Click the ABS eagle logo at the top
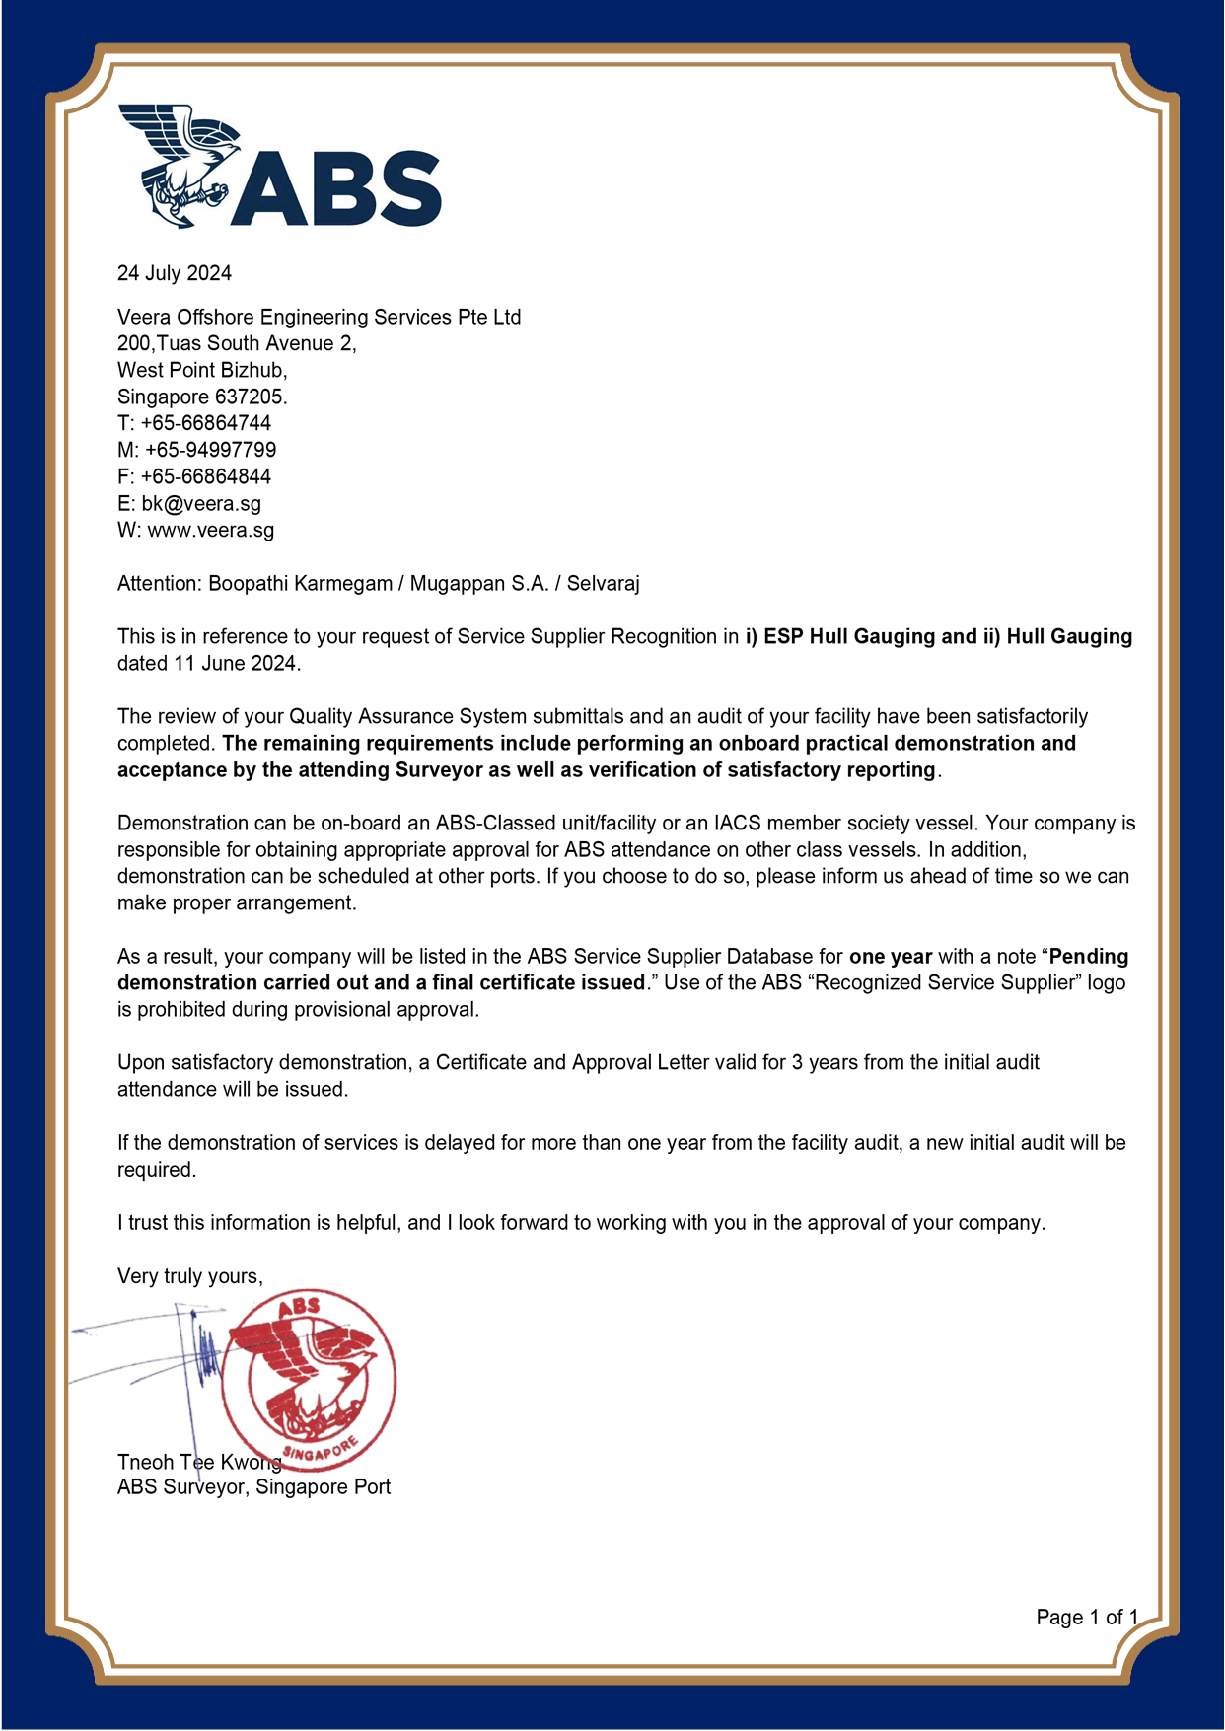point(279,168)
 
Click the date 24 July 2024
point(175,273)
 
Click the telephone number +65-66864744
point(205,423)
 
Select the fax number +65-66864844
point(205,476)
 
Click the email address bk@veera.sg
point(201,503)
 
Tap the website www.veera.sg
point(211,530)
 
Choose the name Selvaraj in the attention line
point(603,584)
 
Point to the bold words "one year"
point(891,957)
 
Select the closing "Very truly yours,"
point(190,1276)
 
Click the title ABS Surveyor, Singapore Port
point(253,1487)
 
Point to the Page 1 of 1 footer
point(1087,1618)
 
